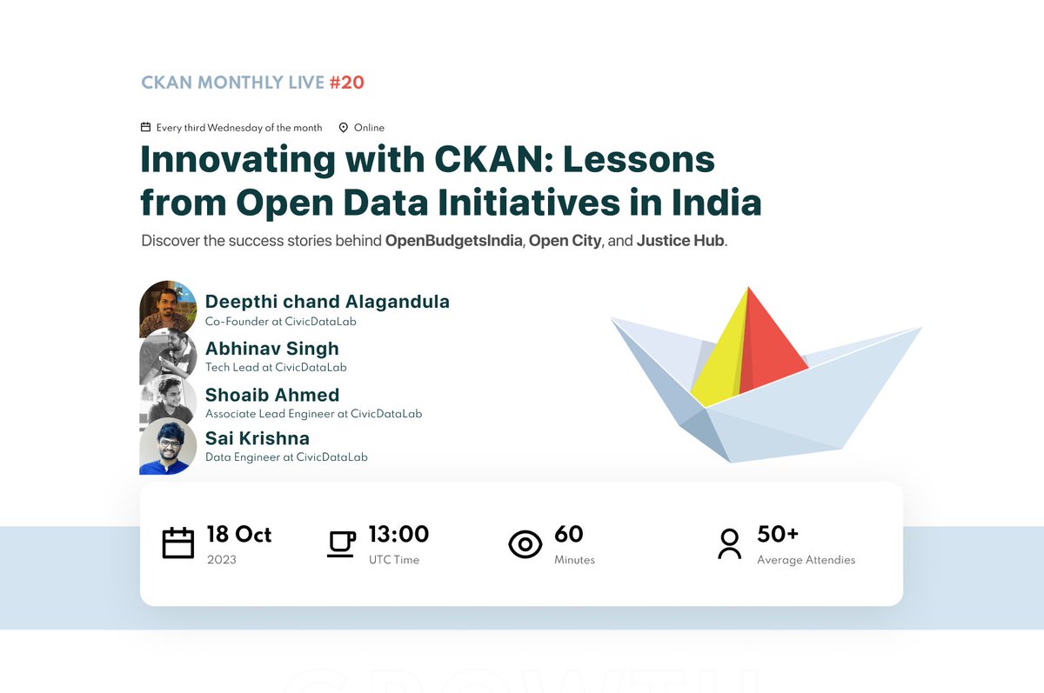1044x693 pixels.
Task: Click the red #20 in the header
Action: pyautogui.click(x=346, y=83)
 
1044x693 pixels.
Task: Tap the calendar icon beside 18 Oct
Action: pyautogui.click(x=178, y=543)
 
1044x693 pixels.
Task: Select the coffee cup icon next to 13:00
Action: pyautogui.click(x=341, y=543)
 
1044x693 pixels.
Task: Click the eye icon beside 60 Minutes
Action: pyautogui.click(x=525, y=544)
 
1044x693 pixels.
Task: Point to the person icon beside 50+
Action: pyautogui.click(x=729, y=543)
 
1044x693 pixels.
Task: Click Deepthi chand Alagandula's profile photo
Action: pyautogui.click(x=168, y=308)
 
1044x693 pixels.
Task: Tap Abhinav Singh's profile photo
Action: pyautogui.click(x=168, y=355)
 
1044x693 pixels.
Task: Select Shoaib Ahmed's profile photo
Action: pyautogui.click(x=168, y=401)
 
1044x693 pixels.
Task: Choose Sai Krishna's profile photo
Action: pyautogui.click(x=168, y=446)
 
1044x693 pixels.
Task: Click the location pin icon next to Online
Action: pyautogui.click(x=343, y=128)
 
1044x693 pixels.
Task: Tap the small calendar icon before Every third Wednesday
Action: pyautogui.click(x=146, y=128)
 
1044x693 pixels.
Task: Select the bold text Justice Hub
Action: pyautogui.click(x=680, y=241)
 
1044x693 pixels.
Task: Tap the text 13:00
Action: pyautogui.click(x=398, y=534)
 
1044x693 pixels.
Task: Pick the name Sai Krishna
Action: pyautogui.click(x=258, y=438)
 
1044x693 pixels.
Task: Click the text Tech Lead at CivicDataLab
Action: pyautogui.click(x=276, y=368)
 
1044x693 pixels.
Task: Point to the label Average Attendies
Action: pyautogui.click(x=806, y=560)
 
